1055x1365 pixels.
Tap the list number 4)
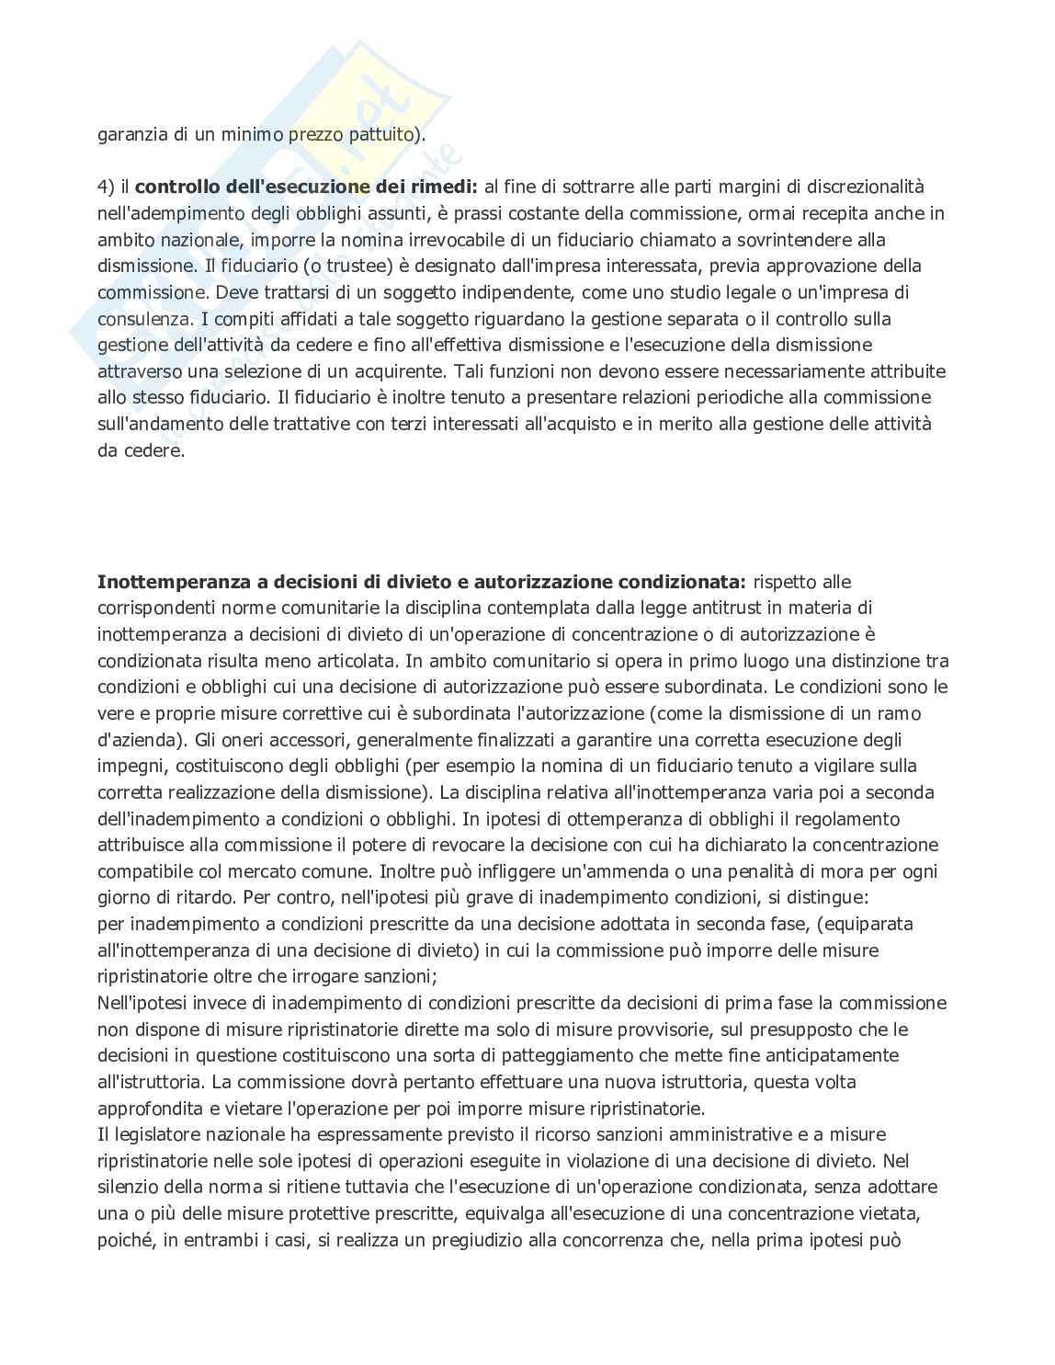click(x=107, y=187)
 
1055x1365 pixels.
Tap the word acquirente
click(x=505, y=372)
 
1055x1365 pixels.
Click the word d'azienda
click(x=134, y=740)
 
